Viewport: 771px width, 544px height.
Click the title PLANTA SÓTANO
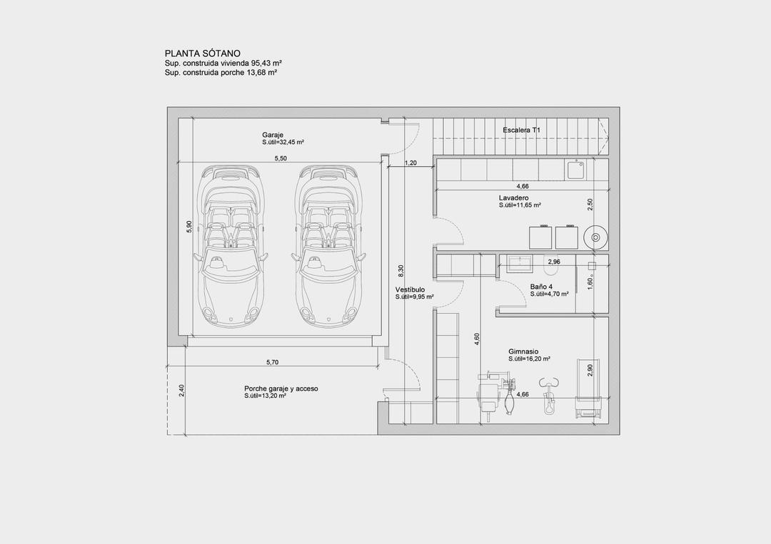(x=203, y=53)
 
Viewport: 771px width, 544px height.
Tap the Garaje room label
(x=273, y=135)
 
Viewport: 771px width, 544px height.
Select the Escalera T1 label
(x=522, y=130)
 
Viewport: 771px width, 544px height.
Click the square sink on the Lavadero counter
(x=575, y=170)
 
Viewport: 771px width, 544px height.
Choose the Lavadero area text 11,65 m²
(x=520, y=205)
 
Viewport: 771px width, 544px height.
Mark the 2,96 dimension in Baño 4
(x=554, y=262)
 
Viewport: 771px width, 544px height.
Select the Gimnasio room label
(x=523, y=351)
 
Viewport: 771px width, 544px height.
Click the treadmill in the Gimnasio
(x=589, y=389)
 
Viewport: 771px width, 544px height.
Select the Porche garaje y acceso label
(x=281, y=389)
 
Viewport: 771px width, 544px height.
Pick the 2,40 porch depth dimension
(x=182, y=392)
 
